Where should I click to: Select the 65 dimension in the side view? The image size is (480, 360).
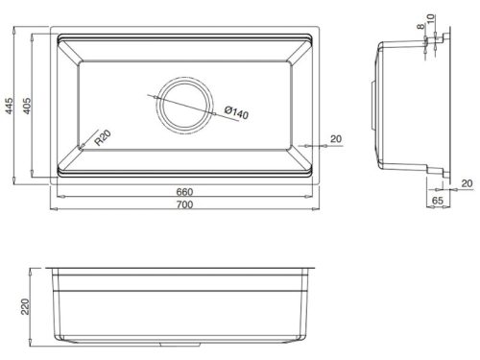(437, 203)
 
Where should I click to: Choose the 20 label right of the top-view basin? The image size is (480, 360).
(336, 139)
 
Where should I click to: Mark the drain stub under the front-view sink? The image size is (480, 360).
(182, 344)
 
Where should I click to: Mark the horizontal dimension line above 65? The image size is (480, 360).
(437, 194)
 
